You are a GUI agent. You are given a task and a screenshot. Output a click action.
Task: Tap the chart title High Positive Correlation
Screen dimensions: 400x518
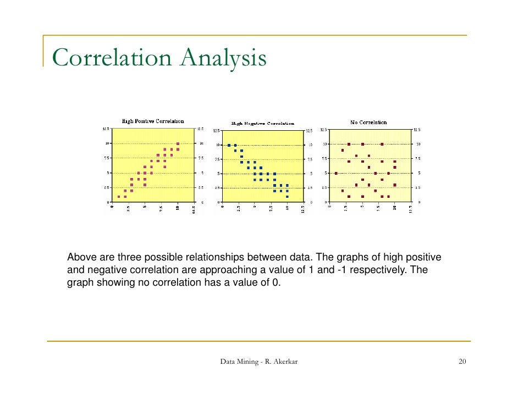[x=152, y=121]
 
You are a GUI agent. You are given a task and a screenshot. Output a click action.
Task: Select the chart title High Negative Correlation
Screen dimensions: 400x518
[x=262, y=124]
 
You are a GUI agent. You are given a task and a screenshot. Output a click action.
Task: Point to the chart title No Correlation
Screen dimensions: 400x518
[x=368, y=122]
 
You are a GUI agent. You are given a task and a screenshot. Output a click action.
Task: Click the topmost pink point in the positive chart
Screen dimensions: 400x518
[x=178, y=143]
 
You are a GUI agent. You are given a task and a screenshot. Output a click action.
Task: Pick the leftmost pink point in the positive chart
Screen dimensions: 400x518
[x=119, y=196]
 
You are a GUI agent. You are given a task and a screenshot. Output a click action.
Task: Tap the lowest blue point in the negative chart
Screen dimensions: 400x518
[x=287, y=196]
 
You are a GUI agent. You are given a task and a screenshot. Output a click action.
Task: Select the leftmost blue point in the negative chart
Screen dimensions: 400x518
[x=229, y=145]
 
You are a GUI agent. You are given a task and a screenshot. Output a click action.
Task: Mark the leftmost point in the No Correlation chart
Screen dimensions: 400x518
[x=336, y=173]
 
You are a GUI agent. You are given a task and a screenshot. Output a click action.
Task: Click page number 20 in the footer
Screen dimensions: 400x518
[x=462, y=362]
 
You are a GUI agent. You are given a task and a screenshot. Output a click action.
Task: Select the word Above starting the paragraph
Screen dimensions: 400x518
[x=79, y=257]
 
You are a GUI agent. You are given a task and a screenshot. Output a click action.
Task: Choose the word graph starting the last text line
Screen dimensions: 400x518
[x=79, y=283]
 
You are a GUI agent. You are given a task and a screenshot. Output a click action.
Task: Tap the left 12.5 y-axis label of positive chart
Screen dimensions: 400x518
[x=104, y=129]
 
